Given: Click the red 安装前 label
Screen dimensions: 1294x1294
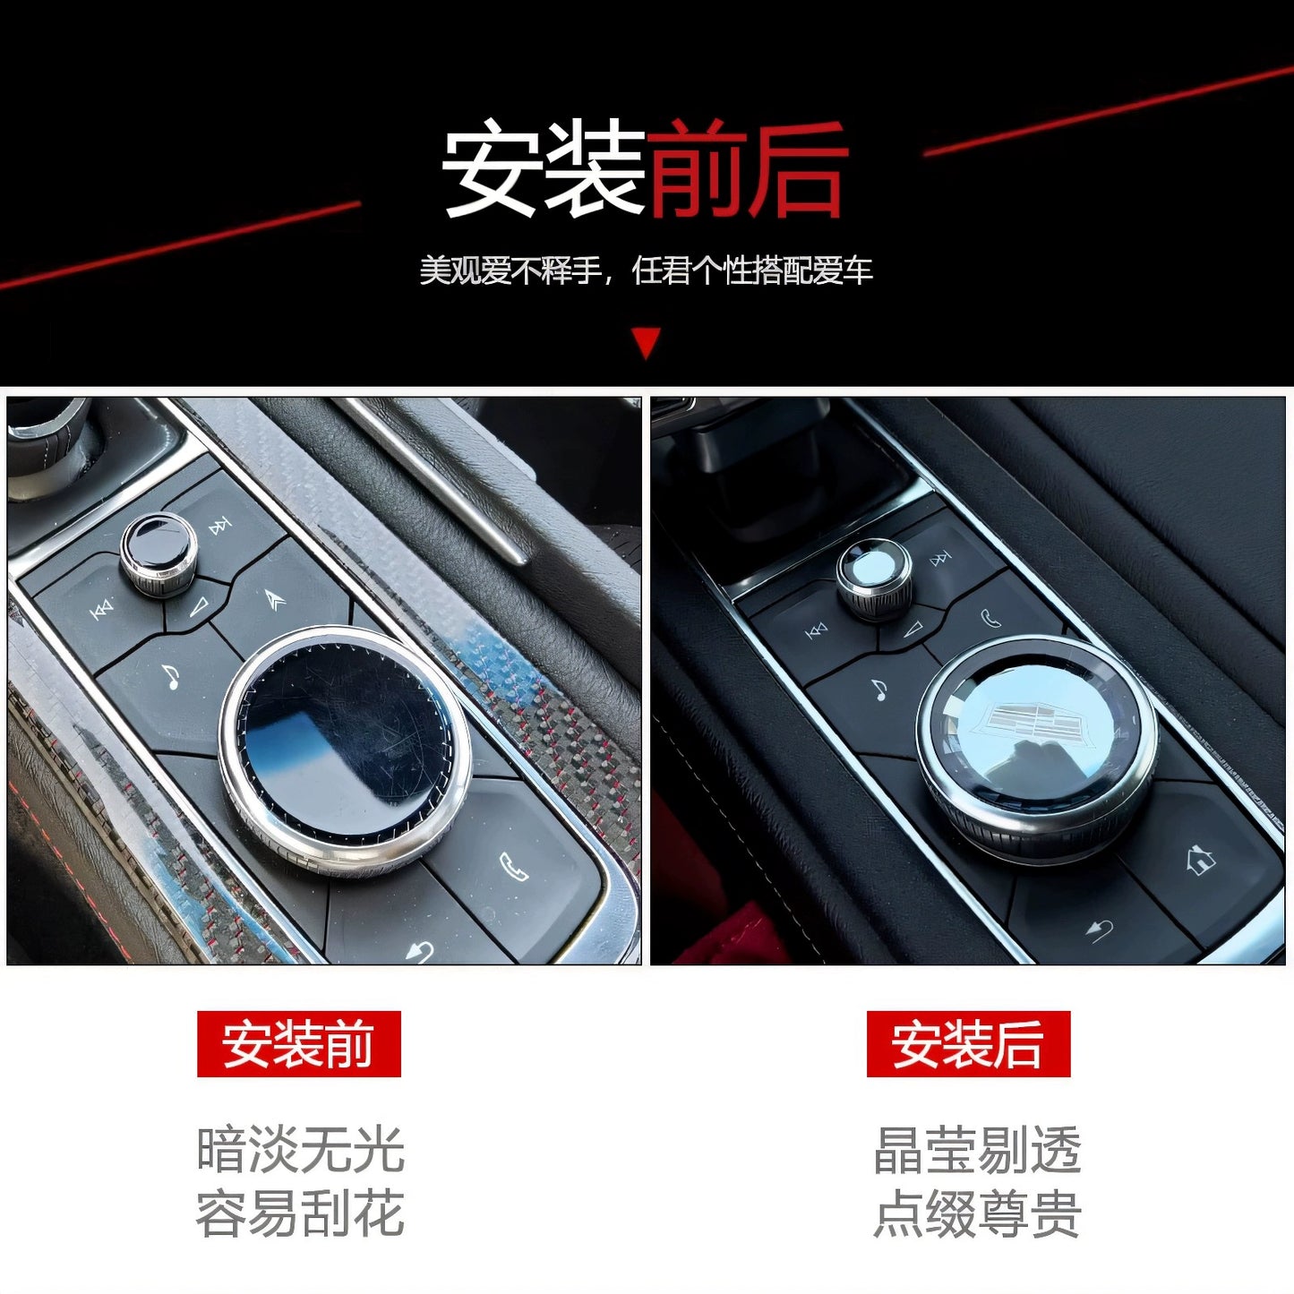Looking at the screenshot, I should click(298, 1044).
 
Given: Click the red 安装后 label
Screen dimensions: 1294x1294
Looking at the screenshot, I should click(968, 1044).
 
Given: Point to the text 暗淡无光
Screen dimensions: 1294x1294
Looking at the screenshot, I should click(300, 1150).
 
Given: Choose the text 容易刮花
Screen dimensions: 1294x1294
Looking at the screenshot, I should click(300, 1213).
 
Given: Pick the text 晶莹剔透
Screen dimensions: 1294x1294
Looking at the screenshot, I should click(977, 1150).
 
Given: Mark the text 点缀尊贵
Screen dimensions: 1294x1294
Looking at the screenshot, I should click(977, 1213).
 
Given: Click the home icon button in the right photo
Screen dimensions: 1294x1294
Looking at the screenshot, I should click(1200, 861).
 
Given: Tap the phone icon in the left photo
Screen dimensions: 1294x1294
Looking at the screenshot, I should click(513, 867).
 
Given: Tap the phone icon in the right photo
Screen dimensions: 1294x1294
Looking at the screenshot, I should click(990, 618).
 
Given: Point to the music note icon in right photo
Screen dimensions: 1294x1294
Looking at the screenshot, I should click(879, 690).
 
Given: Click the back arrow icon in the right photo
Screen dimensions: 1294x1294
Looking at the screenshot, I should click(1100, 931).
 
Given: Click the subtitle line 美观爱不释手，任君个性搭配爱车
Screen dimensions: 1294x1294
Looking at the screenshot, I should click(646, 270).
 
